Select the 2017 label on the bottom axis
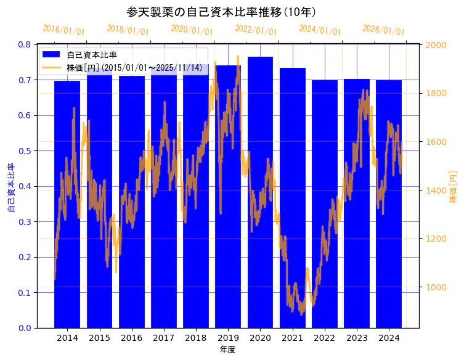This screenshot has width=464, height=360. pyautogui.click(x=163, y=338)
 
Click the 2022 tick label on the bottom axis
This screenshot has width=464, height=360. pyautogui.click(x=325, y=338)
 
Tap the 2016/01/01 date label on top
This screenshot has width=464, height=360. pyautogui.click(x=63, y=30)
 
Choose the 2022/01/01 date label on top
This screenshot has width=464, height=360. pyautogui.click(x=256, y=30)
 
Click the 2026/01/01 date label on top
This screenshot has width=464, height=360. pyautogui.click(x=383, y=30)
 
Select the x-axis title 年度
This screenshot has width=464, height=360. pyautogui.click(x=227, y=350)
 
